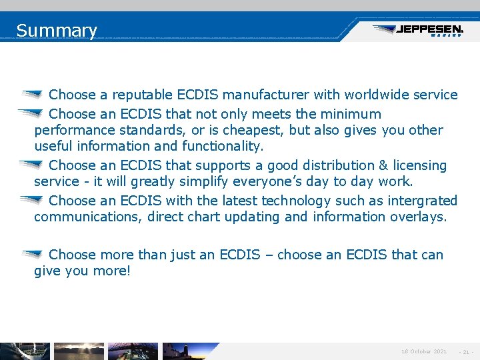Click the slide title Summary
[x=57, y=31]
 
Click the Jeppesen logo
[x=418, y=31]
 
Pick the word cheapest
[x=296, y=130]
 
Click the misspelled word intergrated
[x=416, y=201]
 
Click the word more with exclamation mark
[x=113, y=271]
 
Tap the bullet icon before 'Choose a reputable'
[x=32, y=95]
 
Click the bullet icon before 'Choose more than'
[x=32, y=254]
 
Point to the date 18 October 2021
[x=424, y=351]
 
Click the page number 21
[x=465, y=351]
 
